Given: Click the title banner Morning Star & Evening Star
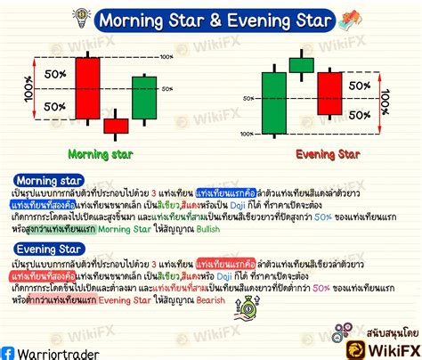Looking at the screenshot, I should [214, 19].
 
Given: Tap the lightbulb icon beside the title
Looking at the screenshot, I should [83, 16].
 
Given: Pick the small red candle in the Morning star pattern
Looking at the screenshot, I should [116, 126].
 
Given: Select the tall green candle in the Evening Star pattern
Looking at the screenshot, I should [273, 101].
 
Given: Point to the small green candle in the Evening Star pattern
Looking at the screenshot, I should [302, 64].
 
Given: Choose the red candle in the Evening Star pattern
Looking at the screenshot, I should [329, 93].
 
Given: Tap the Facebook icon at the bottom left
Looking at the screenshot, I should [9, 352].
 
